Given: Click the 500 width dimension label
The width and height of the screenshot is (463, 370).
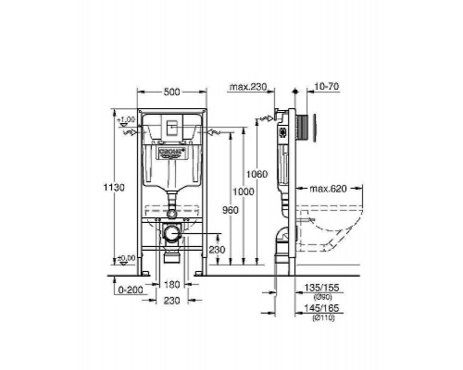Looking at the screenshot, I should (x=170, y=92).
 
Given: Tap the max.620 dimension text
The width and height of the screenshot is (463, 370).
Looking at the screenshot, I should (x=328, y=189).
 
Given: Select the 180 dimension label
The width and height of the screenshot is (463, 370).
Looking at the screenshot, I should (x=172, y=285).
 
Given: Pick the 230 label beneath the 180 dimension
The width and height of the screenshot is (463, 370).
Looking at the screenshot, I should (x=172, y=300).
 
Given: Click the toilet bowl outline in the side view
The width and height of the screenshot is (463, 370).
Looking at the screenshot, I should (x=333, y=227).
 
